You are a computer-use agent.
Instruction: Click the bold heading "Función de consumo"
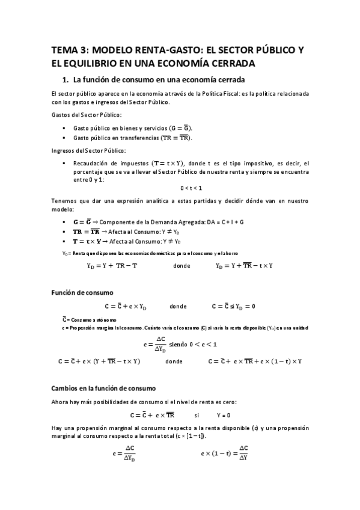(x=81, y=293)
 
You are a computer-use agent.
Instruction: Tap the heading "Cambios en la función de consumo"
(x=103, y=389)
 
